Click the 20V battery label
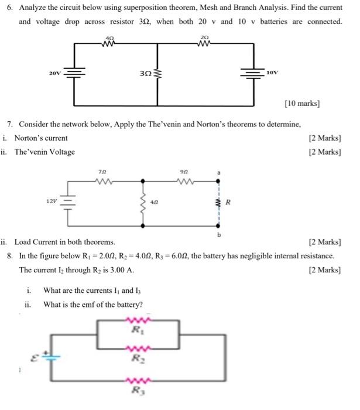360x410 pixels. pos(55,73)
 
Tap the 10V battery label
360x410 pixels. pos(272,73)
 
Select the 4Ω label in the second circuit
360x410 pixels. pos(154,202)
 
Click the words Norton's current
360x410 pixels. pos(41,138)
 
